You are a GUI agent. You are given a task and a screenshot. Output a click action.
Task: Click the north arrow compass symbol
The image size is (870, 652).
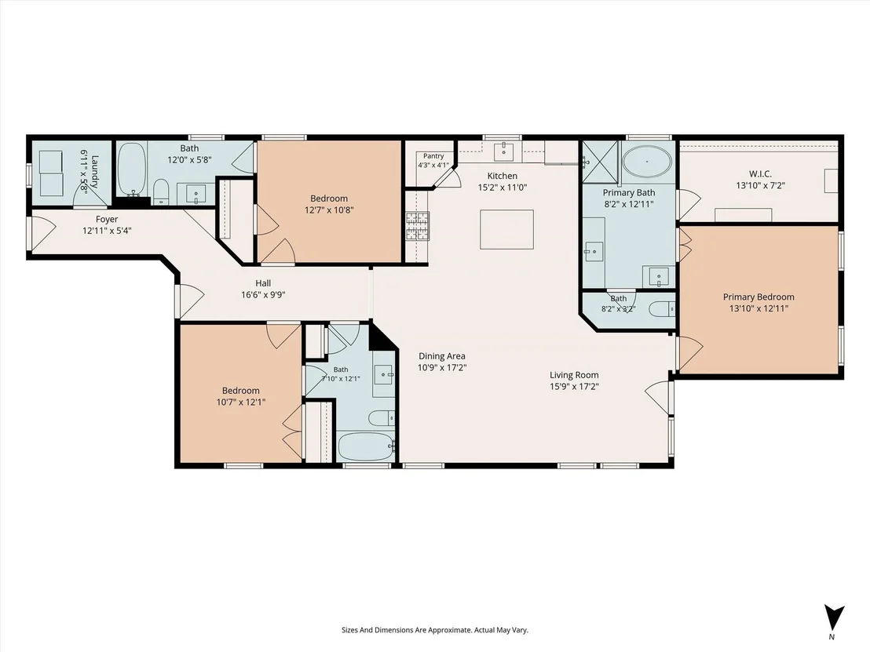(x=833, y=618)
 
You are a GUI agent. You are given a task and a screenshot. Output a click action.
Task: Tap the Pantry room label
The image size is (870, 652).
(x=433, y=156)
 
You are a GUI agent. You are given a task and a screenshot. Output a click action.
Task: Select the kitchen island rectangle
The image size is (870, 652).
(x=506, y=230)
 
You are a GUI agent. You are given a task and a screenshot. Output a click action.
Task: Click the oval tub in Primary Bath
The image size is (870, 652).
(x=647, y=162)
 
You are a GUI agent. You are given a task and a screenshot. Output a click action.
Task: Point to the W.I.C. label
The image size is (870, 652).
(x=760, y=174)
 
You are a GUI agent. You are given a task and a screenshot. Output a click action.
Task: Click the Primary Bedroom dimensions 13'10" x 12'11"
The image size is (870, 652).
(x=759, y=308)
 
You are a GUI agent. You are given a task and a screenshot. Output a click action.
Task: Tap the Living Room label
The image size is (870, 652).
(x=574, y=375)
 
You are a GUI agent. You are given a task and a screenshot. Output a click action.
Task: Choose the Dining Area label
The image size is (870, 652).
(x=441, y=356)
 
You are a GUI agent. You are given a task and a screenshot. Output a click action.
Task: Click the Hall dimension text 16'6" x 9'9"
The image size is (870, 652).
(x=263, y=295)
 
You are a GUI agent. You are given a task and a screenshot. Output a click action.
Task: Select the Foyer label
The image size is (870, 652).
(x=107, y=220)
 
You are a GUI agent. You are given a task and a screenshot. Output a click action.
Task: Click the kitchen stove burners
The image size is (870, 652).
(x=417, y=226)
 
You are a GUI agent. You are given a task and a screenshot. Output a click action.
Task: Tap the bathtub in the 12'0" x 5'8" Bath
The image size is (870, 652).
(x=132, y=169)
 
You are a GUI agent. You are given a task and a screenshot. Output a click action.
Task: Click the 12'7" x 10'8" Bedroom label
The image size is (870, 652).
(x=329, y=199)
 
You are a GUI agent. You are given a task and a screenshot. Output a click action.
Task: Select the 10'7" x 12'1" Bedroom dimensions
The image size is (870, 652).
(x=241, y=402)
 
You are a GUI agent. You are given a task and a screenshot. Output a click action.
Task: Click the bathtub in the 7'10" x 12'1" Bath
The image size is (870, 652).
(x=366, y=446)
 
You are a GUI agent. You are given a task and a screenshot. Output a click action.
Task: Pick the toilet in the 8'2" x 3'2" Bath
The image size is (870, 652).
(x=661, y=309)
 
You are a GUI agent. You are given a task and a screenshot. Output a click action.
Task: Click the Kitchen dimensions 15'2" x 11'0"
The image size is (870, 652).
(x=503, y=188)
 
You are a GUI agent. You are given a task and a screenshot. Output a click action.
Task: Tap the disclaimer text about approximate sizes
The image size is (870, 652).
(x=434, y=630)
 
